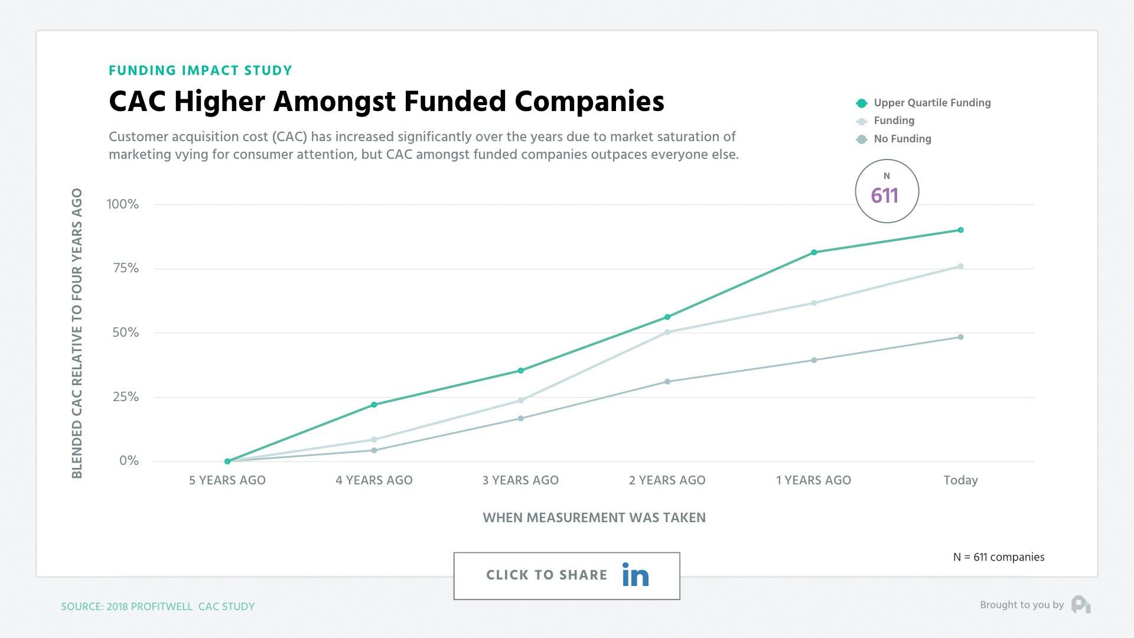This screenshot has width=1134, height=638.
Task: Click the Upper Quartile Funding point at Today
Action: pos(960,230)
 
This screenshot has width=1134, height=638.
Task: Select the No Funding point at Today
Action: pos(960,337)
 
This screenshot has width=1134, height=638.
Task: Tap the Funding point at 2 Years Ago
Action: pos(667,332)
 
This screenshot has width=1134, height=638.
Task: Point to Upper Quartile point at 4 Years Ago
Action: pos(374,405)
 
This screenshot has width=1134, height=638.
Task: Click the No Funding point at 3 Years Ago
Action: pos(520,418)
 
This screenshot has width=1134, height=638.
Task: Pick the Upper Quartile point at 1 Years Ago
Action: pos(814,252)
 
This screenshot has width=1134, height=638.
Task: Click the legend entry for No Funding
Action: pos(902,139)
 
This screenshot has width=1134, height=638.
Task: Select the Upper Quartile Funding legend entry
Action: pos(931,103)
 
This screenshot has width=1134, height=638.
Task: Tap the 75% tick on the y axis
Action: pos(125,268)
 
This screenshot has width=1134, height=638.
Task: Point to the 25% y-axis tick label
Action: pos(125,397)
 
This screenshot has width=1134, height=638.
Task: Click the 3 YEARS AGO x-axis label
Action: pos(520,480)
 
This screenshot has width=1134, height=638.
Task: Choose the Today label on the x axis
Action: pos(960,480)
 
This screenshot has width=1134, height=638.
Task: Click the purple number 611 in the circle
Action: pos(884,196)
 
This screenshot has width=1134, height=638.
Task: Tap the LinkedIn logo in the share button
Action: pos(635,575)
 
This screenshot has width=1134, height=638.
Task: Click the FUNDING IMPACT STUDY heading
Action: pos(200,70)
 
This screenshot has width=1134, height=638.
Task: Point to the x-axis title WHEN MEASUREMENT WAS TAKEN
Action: pos(594,517)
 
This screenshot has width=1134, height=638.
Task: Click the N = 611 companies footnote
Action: pos(998,557)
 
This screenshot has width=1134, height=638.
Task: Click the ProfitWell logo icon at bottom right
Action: pos(1081,605)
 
